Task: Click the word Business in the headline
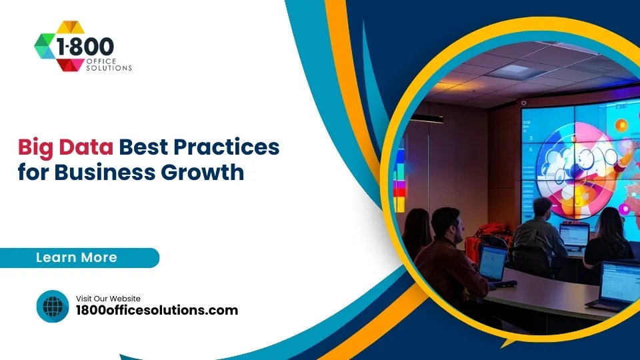[x=106, y=173]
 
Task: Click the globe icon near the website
[x=53, y=307]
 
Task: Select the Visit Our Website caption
[x=108, y=299]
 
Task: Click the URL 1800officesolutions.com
[x=157, y=311]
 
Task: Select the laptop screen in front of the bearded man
[x=492, y=263]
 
